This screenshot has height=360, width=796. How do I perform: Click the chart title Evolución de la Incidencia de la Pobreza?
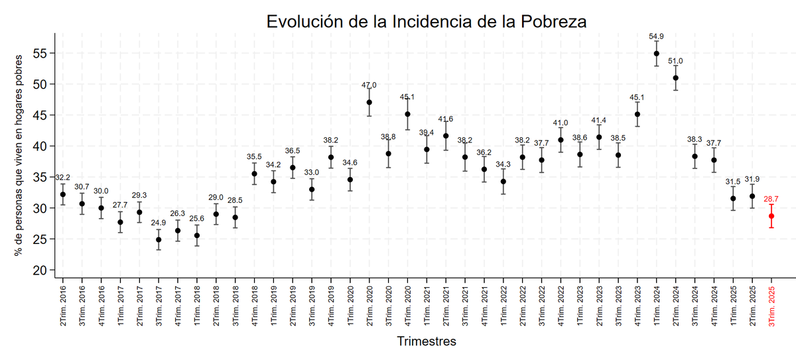427,21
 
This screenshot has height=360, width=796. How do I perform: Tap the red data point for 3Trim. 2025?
771,216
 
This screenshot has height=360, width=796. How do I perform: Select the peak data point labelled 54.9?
657,54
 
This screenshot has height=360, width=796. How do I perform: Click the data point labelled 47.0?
369,102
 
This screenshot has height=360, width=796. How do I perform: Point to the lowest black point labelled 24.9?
159,239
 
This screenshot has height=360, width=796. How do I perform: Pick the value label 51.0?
676,61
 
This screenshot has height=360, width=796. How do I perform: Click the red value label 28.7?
771,199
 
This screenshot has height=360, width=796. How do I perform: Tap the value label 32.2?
63,178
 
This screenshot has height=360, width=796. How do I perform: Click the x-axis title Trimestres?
427,342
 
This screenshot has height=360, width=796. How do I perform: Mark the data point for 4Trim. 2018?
255,174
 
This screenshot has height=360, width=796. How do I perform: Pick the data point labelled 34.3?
503,181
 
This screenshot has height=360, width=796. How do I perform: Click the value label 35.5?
255,156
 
